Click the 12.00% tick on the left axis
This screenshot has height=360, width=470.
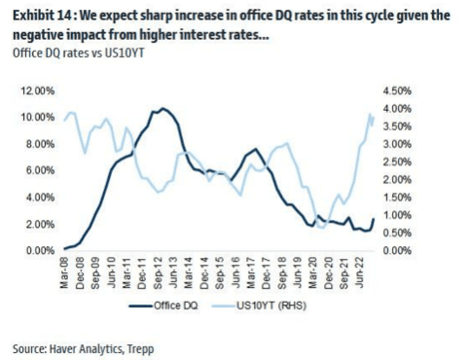tap(38, 90)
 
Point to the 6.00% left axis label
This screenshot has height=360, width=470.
tap(40, 170)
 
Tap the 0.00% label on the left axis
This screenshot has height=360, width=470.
tap(40, 251)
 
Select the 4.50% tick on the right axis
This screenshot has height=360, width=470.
tap(397, 90)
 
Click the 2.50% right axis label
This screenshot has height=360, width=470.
tap(397, 162)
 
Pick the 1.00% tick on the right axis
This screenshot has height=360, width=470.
tap(397, 215)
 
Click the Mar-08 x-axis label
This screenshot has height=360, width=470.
tap(64, 272)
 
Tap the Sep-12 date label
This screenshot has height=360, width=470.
tap(158, 272)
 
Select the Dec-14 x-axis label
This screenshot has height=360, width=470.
tap(204, 272)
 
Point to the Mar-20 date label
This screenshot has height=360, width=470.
tap(313, 272)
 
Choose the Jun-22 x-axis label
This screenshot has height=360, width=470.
tap(360, 272)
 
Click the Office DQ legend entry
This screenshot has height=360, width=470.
tap(163, 306)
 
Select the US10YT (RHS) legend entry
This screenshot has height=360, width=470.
tap(259, 306)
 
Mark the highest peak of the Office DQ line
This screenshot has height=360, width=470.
tap(163, 108)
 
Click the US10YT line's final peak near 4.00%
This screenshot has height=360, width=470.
tap(370, 114)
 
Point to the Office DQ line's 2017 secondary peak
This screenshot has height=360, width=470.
tap(256, 149)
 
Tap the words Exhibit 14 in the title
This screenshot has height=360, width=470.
tap(41, 16)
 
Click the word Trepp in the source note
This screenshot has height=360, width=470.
tap(140, 349)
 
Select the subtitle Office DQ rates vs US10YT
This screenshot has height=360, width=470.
tap(78, 53)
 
